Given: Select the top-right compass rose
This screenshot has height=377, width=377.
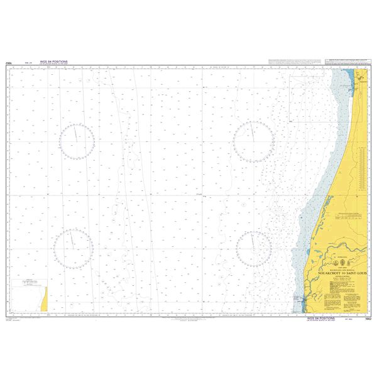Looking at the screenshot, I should [x=253, y=139].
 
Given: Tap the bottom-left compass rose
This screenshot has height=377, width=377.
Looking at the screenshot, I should [x=74, y=246].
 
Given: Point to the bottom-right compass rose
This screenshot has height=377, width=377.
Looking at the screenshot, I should [x=254, y=247].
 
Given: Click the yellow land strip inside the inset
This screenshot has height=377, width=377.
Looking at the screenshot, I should [x=43, y=304].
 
